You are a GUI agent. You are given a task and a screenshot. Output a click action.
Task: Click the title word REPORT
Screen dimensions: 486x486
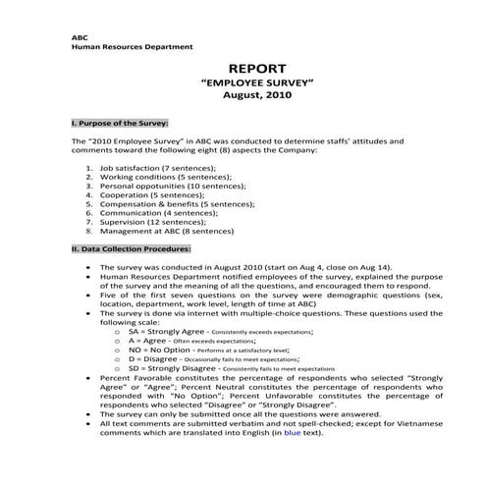pos(256,69)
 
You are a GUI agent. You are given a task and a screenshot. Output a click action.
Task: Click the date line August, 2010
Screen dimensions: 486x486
pos(256,98)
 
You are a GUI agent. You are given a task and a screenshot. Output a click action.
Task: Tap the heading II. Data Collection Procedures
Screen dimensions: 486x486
pos(133,249)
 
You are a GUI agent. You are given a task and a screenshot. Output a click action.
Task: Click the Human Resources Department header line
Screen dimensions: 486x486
pos(133,46)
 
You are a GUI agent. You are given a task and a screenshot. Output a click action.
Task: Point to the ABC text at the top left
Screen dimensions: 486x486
pos(81,36)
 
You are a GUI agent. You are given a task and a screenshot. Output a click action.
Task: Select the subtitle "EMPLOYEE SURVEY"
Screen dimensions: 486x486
pos(256,84)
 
